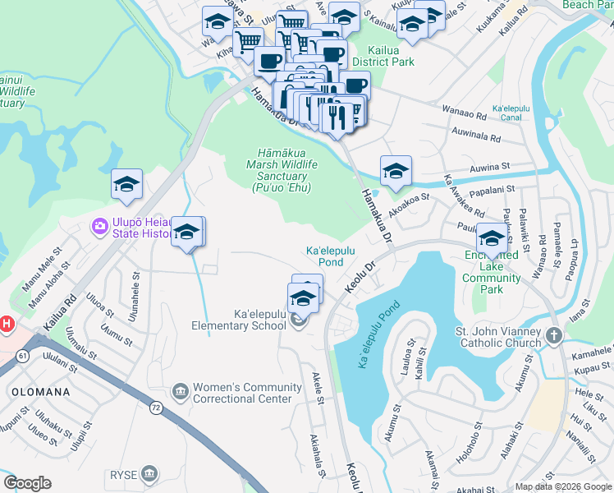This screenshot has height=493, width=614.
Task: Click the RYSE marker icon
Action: (149, 473)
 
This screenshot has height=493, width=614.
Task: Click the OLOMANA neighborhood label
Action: (40, 393)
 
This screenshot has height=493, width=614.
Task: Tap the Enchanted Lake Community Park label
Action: (491, 267)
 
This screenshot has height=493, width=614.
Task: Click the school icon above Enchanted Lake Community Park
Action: (492, 238)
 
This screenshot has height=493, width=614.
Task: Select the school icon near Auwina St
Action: (396, 170)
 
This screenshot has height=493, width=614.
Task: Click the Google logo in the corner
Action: (27, 483)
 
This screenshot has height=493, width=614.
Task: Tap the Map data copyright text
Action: (563, 486)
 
